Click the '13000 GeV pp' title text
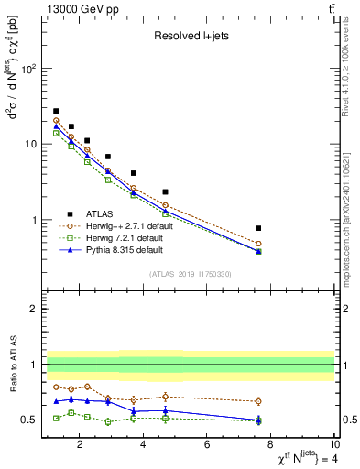pos(82,8)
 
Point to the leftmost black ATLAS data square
pos(56,111)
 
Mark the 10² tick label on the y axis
pos(27,69)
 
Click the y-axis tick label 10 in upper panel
pos(30,145)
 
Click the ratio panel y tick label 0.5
pos(30,420)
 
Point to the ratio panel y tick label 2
pos(34,309)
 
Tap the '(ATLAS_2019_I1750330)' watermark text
pos(190,274)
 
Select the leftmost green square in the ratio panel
pos(56,418)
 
